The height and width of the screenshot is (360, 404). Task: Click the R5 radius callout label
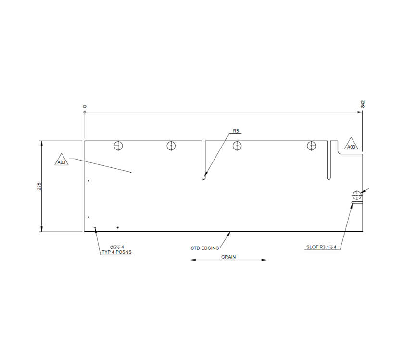236,131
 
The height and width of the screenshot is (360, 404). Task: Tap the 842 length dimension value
363,104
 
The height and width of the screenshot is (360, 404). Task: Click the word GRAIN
228,257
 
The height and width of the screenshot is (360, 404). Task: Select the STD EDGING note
205,248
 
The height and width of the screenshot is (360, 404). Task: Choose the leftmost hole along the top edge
118,146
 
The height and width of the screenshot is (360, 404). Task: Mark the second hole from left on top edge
171,146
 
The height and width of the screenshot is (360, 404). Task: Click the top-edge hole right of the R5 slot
236,146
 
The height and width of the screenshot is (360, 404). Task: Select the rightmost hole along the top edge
312,146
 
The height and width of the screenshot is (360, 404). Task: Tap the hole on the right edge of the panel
356,195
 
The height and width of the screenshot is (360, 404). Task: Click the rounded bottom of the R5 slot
204,177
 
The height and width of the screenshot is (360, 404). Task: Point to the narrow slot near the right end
328,161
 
